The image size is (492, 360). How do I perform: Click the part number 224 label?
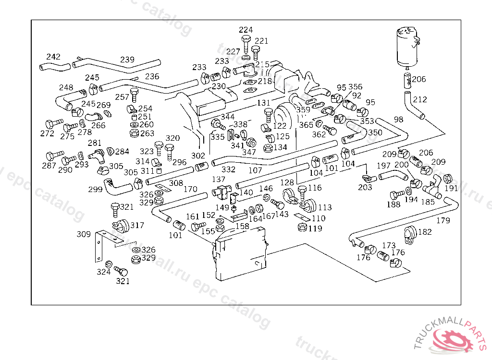246,30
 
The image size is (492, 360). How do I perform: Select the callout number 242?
53,57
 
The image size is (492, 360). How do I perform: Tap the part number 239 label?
127,60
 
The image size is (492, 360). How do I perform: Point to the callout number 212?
420,100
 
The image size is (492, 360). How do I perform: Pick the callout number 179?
443,220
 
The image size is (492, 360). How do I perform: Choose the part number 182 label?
425,232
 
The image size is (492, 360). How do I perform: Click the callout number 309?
84,234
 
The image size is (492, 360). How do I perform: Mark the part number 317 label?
137,225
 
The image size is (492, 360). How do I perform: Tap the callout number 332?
228,169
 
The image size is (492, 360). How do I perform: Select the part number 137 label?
219,179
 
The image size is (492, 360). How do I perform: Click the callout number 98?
399,119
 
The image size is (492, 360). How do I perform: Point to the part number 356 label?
356,87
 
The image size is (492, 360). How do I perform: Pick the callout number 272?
47,133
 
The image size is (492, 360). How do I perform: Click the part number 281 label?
95,143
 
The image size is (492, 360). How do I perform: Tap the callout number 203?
365,187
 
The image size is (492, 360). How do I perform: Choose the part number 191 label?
451,189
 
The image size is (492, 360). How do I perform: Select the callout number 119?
315,228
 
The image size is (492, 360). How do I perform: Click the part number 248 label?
66,87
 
